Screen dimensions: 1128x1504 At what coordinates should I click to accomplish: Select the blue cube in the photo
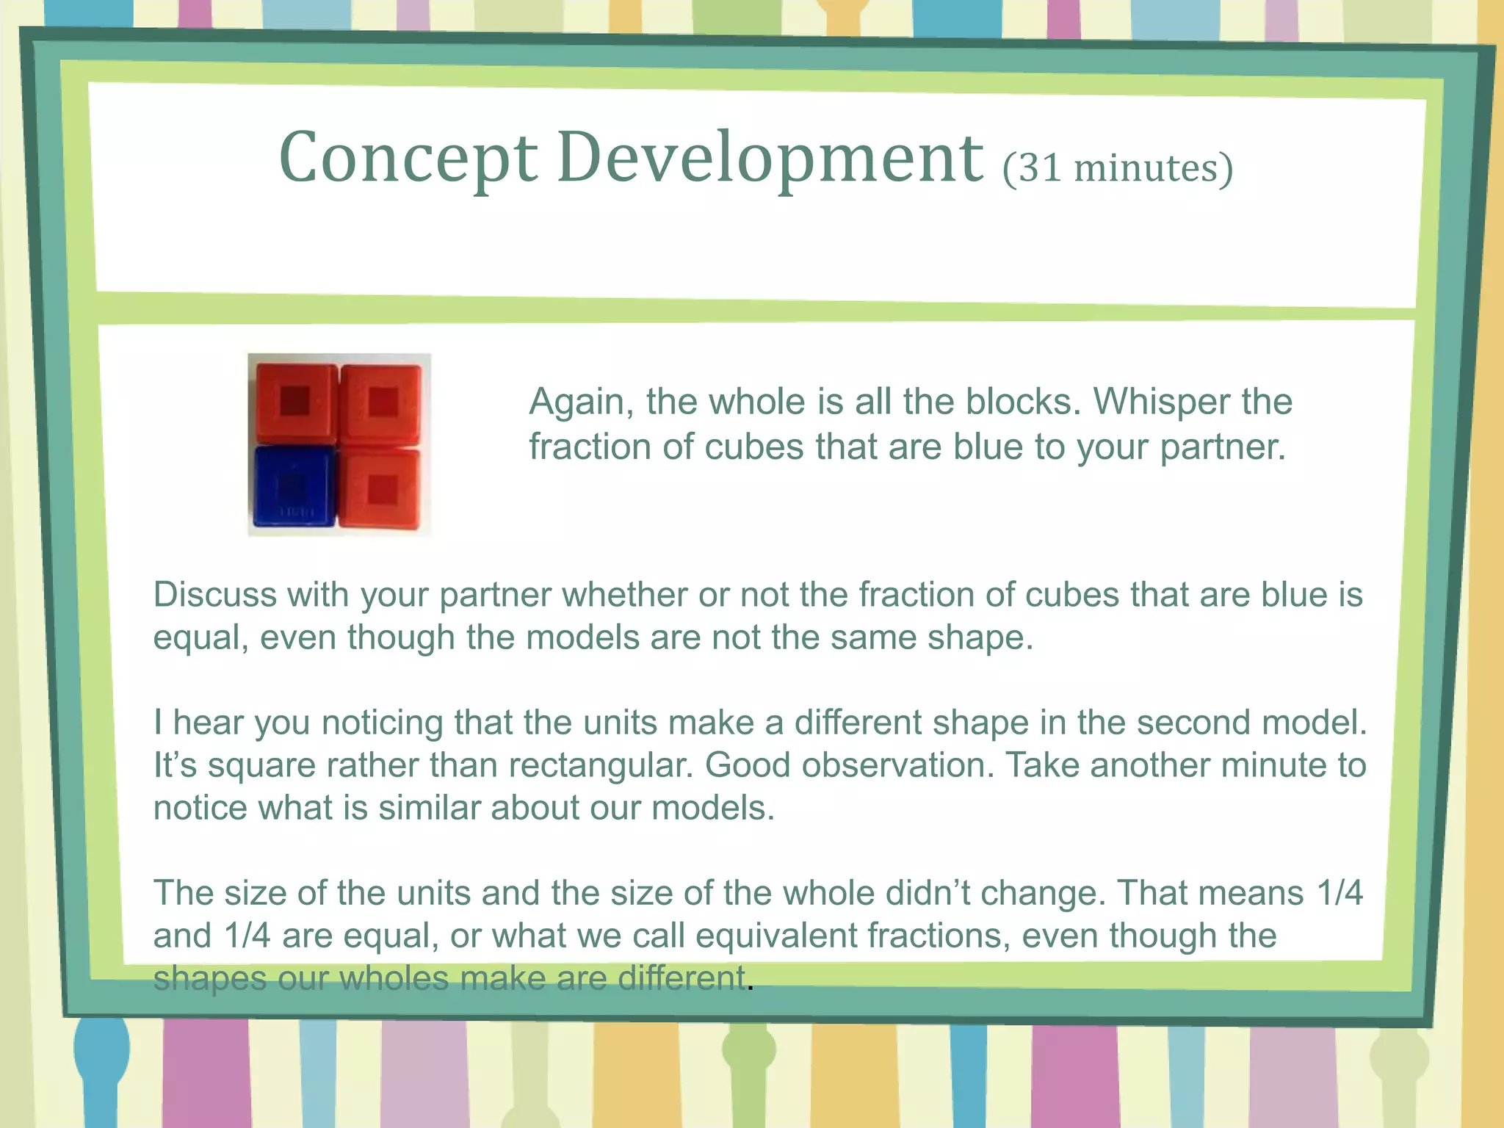(294, 486)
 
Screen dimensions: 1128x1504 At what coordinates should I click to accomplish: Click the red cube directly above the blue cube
(296, 402)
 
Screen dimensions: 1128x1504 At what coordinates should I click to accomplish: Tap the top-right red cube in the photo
(382, 402)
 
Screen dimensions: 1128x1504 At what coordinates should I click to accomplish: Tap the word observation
(897, 765)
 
